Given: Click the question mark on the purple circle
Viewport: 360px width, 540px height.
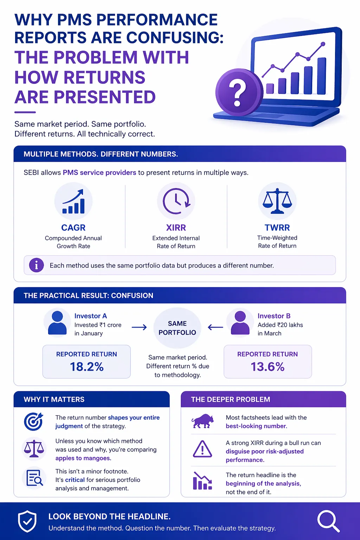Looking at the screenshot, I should pos(238,92).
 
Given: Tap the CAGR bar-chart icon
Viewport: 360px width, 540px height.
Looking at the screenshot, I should pos(73,202).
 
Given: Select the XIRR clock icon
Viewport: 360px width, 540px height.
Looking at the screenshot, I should pos(176,201).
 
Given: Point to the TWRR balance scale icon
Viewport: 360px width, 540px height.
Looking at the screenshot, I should pos(277,201).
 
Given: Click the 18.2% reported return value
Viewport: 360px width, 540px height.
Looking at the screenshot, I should pos(86,367).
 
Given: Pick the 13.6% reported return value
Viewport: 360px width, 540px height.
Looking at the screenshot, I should pos(268,367).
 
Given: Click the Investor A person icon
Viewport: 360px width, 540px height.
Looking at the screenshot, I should pos(57,322).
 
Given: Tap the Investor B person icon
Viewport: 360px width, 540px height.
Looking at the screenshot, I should pos(240,322).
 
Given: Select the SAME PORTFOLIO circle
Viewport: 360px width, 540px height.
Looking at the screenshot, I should pos(177,328).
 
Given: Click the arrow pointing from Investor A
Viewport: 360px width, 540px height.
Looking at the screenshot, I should pos(139,328).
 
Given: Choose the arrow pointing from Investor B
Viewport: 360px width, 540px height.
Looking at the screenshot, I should pos(216,328).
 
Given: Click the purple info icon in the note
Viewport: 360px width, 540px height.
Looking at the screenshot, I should pos(36,265).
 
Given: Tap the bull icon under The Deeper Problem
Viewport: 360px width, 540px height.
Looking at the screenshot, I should pos(202,421).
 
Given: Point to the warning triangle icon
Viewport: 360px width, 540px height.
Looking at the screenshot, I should pos(202,449).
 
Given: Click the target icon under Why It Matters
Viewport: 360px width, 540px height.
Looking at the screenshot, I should pos(33,421).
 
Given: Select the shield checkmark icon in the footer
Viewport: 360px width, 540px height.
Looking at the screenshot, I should pos(27,521).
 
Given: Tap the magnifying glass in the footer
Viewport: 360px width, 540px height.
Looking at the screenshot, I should pos(328,521).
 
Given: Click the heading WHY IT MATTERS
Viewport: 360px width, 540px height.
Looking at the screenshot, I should pos(54,399).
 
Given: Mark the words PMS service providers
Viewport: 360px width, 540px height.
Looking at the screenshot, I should pos(99,173).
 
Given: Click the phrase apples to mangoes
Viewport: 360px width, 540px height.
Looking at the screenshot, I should pos(83,458).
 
